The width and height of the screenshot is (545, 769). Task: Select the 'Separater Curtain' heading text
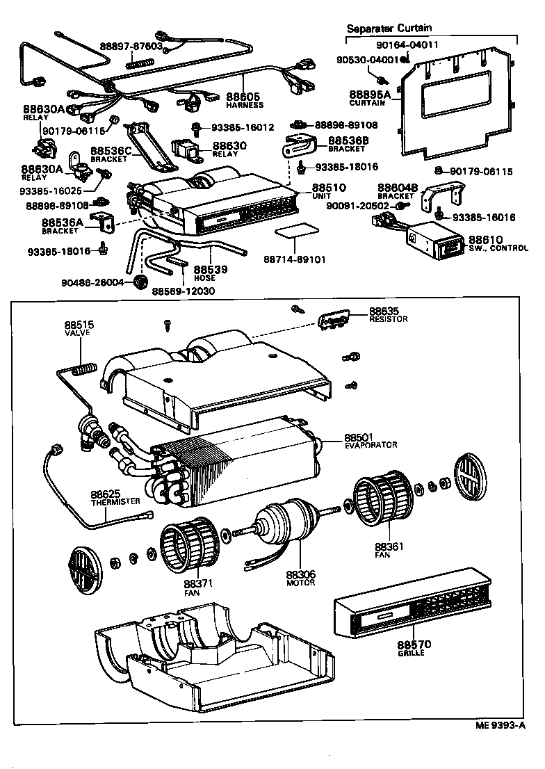(390, 29)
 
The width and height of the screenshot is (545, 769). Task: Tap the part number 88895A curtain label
(369, 94)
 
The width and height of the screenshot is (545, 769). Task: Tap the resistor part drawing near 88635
(334, 320)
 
